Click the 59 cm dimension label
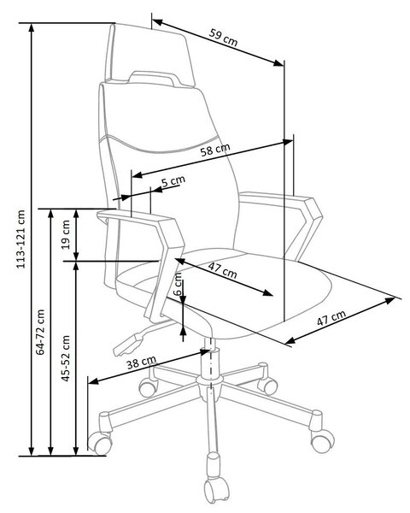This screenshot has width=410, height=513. [x=224, y=38]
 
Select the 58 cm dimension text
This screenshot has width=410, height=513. [x=215, y=150]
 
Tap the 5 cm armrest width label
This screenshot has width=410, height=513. [x=173, y=180]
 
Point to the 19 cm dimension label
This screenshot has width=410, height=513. [x=66, y=234]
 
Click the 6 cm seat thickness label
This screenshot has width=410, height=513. [x=178, y=284]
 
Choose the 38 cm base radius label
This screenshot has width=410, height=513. [x=141, y=363]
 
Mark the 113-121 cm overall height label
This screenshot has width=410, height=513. [x=20, y=239]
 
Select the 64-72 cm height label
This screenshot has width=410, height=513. [x=40, y=332]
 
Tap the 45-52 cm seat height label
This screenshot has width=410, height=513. [x=66, y=358]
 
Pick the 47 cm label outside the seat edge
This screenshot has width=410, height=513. [x=331, y=318]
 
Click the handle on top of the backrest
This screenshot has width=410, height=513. [x=154, y=79]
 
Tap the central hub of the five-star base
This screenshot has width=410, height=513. [x=209, y=382]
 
